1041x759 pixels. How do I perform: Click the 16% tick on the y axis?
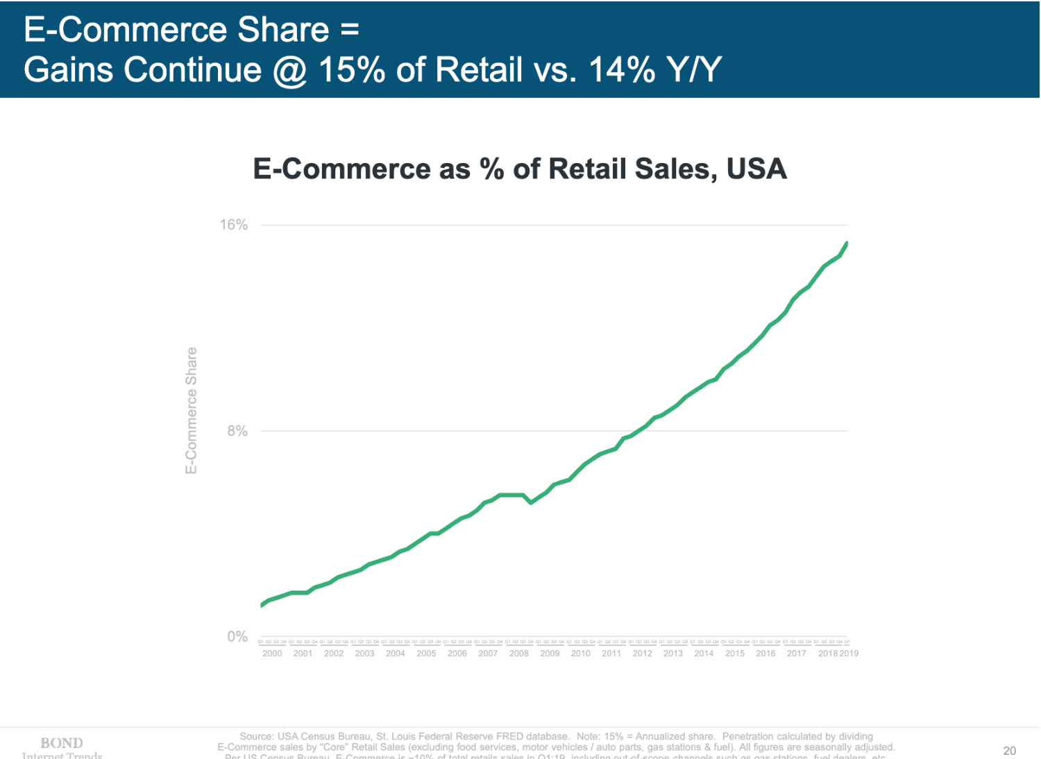point(234,225)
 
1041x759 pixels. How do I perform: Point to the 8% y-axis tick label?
point(237,431)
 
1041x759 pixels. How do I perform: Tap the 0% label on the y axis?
point(237,637)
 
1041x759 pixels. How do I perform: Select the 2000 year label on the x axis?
point(272,654)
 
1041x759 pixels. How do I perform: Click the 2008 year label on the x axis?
point(519,654)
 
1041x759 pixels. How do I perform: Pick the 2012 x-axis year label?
point(642,654)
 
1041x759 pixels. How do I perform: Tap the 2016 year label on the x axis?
point(765,654)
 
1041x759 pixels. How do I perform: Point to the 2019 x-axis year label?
point(849,654)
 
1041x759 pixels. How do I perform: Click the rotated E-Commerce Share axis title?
point(192,411)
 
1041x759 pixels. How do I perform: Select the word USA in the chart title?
point(756,169)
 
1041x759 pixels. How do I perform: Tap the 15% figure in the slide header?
point(351,70)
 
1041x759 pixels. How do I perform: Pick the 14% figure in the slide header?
point(622,70)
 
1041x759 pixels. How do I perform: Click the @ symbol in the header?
point(290,71)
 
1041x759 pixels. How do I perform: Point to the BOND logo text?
point(62,743)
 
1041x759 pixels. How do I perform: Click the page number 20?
point(1009,751)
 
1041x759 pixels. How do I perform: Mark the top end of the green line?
point(847,243)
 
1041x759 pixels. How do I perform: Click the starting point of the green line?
point(262,605)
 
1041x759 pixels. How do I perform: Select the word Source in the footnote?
point(256,736)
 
